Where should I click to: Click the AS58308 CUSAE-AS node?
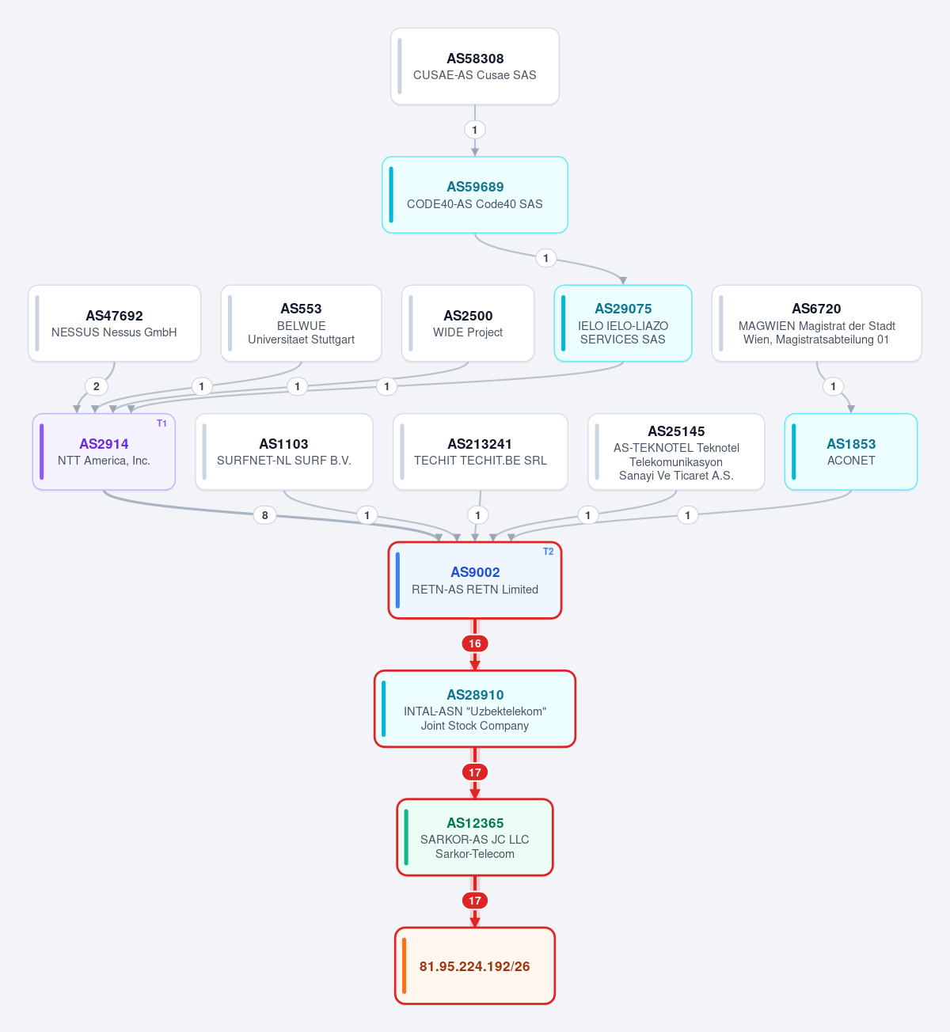tap(474, 66)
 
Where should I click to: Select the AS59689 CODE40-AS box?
tap(474, 195)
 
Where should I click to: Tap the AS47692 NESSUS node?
tap(114, 324)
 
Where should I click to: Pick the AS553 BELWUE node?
tap(301, 324)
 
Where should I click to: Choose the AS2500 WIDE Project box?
tap(468, 324)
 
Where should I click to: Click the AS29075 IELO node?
tap(623, 324)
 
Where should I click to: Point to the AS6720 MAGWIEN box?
tap(817, 324)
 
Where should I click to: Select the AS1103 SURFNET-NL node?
tap(284, 452)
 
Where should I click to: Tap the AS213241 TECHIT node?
tap(481, 452)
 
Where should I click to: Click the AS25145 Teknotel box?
tap(676, 452)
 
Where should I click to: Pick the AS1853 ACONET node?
tap(851, 452)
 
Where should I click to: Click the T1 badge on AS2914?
tap(161, 423)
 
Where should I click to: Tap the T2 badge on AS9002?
tap(548, 552)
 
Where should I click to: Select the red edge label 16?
tap(474, 643)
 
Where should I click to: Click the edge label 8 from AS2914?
tap(264, 515)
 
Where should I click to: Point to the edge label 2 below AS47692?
tap(97, 386)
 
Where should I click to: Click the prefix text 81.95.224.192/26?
tap(474, 966)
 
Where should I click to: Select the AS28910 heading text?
tap(475, 695)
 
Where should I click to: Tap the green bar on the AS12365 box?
tap(406, 837)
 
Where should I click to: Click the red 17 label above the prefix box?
tap(474, 901)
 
